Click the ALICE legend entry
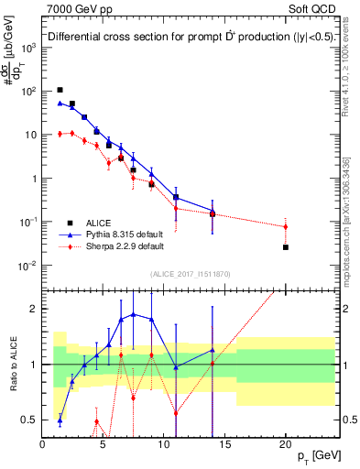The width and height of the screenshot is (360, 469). [99, 222]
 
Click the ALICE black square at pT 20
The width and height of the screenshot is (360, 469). [286, 247]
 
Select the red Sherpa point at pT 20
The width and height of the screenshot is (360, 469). [286, 226]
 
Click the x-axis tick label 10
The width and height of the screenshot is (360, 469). [164, 444]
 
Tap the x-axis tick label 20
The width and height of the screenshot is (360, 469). [286, 444]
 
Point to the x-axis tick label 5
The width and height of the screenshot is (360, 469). [104, 444]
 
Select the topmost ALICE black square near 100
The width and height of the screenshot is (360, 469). [60, 90]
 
